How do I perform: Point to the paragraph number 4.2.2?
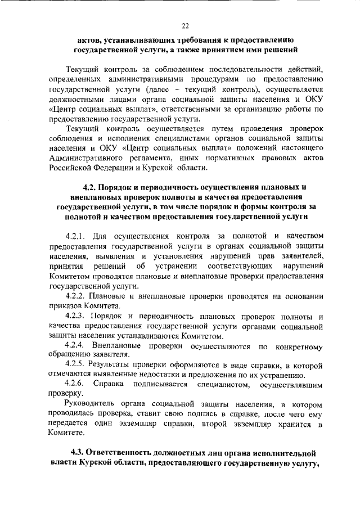[x=77, y=296]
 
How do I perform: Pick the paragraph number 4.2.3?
[x=77, y=316]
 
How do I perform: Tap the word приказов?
[x=66, y=306]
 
